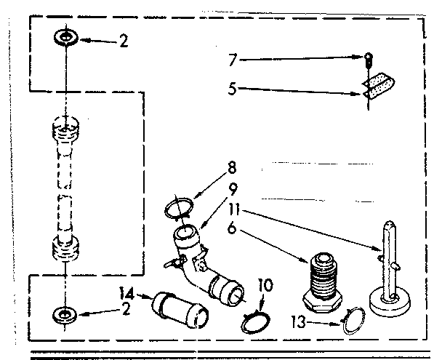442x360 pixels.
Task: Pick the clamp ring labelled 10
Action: point(254,321)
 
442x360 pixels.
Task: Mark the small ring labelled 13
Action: point(354,320)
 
